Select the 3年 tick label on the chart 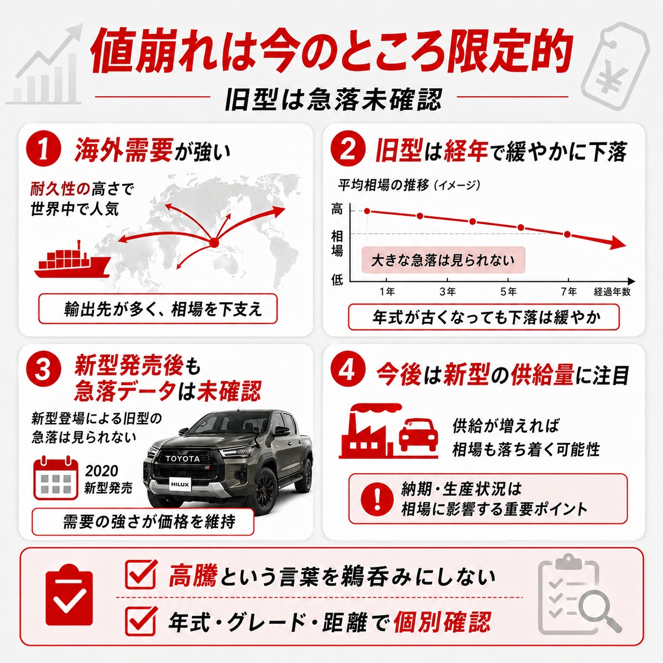[447, 292]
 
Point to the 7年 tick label [569, 292]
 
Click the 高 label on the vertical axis [337, 209]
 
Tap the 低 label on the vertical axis [337, 280]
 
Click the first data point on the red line [367, 211]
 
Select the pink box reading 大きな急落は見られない [443, 260]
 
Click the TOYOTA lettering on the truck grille [182, 458]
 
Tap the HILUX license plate [180, 484]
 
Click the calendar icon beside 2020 [56, 478]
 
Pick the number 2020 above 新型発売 [102, 471]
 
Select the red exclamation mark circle [377, 499]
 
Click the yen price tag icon [615, 66]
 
